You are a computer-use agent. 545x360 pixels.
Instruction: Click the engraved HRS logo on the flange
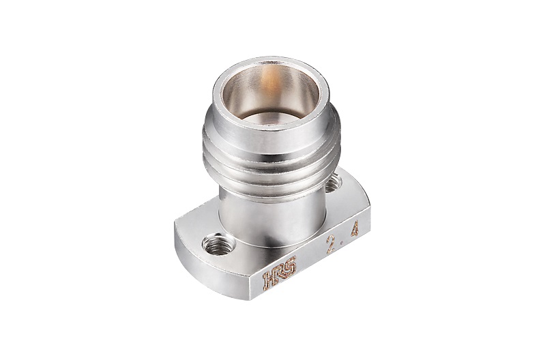point(280,273)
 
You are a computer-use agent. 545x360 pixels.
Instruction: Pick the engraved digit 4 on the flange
point(355,230)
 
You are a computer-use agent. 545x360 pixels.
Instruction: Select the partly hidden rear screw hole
point(333,183)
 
